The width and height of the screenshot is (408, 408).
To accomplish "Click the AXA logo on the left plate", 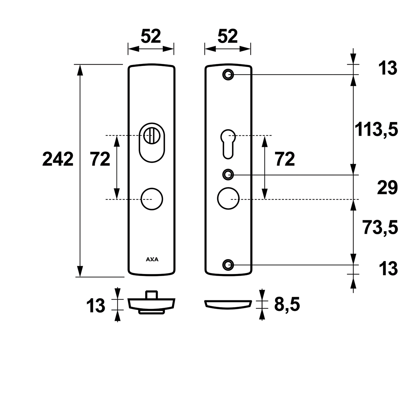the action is tap(152, 259).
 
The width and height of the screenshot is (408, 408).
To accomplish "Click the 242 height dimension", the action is tap(58, 159).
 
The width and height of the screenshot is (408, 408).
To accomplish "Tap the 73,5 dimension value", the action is tap(380, 227).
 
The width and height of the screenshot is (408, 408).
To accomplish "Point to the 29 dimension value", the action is tap(387, 188).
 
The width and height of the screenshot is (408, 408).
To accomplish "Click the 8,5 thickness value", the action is tap(287, 304).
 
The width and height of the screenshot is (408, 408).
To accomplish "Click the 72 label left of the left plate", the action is tap(100, 159).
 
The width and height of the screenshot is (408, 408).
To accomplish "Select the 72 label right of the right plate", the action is tap(285, 159).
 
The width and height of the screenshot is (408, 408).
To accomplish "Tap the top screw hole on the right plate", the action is tap(228, 75).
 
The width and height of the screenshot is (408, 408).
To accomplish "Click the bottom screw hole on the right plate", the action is tap(228, 265).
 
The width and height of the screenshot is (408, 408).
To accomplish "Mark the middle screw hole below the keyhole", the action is tap(228, 174).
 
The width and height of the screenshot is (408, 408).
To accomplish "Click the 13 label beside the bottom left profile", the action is tap(96, 305).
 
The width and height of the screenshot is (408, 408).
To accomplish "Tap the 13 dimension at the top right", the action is tap(388, 68).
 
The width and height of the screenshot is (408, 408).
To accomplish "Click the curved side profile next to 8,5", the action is tap(228, 309).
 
